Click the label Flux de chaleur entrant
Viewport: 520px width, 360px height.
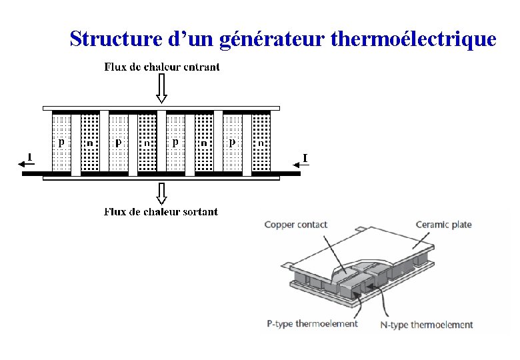(162, 67)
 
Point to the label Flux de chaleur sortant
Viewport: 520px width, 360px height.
(161, 212)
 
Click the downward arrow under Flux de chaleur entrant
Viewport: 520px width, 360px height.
(161, 89)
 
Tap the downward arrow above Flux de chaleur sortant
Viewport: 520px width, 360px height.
(161, 193)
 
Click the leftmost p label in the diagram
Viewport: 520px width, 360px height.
(61, 142)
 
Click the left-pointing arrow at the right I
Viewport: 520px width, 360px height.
(297, 164)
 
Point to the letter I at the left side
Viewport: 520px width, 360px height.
(29, 157)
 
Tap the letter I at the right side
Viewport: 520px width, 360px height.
(305, 157)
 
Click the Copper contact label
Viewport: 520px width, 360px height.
(295, 225)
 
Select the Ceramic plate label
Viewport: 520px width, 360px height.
(443, 225)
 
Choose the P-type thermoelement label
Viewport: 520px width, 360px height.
(312, 324)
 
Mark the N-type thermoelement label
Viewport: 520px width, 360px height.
(427, 325)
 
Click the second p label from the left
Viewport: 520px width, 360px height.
(118, 142)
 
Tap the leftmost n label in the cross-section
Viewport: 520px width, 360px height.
(89, 143)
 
